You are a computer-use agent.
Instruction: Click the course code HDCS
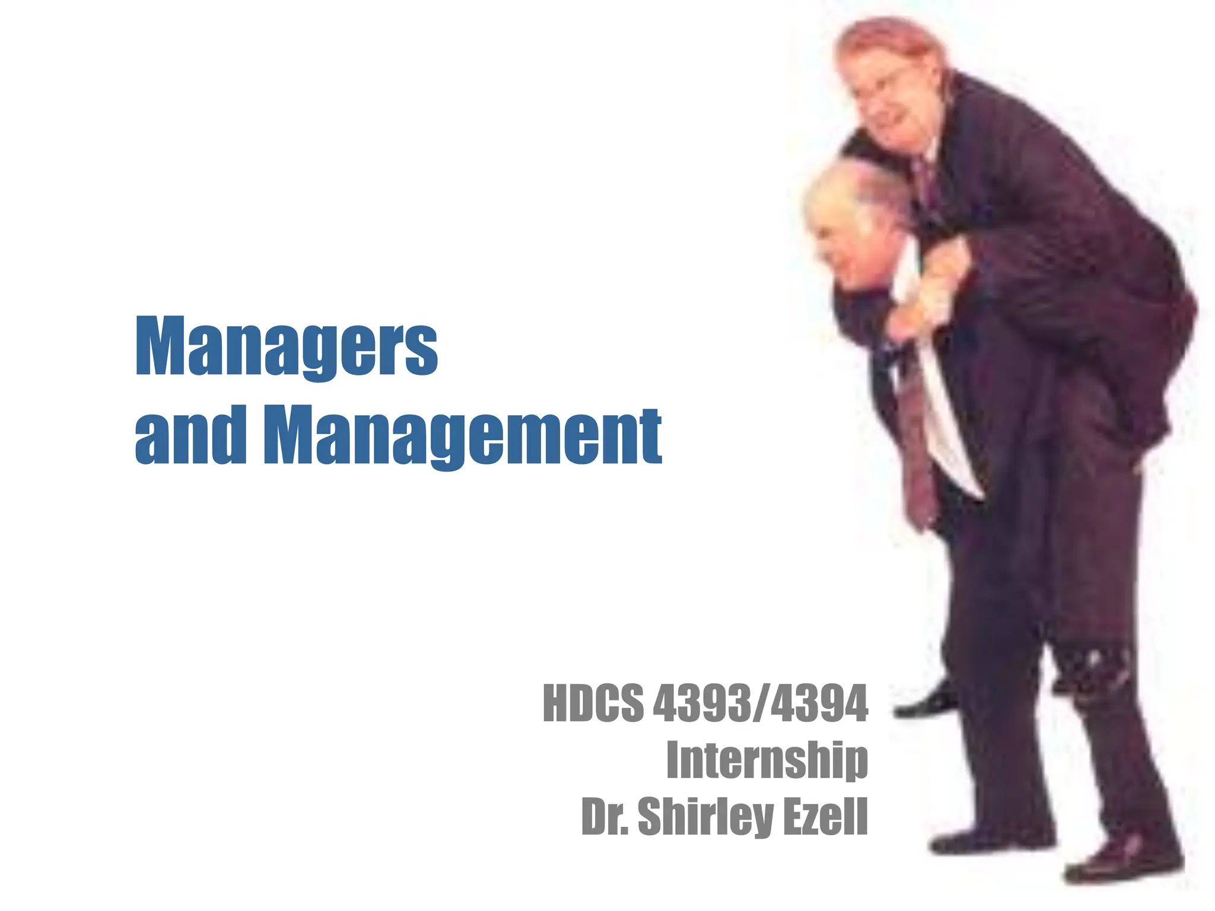point(593,704)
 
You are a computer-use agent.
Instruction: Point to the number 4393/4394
point(760,704)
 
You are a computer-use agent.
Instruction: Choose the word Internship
point(766,760)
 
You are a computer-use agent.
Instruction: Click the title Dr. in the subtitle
point(605,816)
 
